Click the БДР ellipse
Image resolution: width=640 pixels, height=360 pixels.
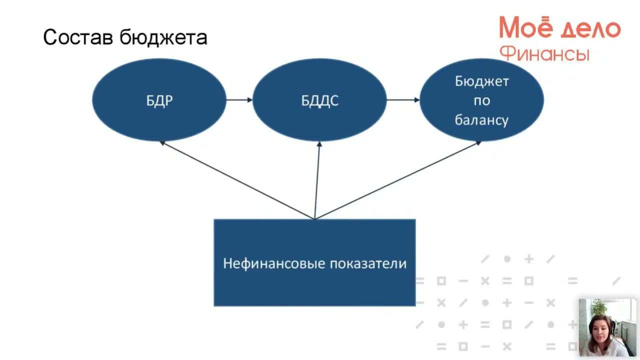[x=159, y=99]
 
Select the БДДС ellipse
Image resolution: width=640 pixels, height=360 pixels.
[x=319, y=99]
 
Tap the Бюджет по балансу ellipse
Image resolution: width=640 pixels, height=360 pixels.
[x=481, y=99]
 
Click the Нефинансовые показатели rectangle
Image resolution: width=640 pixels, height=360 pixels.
[x=314, y=263]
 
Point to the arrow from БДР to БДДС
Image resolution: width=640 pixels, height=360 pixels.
[x=239, y=99]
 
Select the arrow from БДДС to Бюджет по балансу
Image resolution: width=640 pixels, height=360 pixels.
[x=403, y=99]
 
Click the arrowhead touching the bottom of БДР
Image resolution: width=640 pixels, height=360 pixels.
[x=162, y=143]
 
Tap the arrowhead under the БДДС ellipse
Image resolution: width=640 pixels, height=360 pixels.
[x=319, y=144]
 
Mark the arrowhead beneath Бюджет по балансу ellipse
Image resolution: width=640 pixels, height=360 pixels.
[x=478, y=143]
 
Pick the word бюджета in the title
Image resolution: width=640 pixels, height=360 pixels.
[x=163, y=37]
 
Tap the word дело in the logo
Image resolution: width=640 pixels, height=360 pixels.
[x=590, y=29]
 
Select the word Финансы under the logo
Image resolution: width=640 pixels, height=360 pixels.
[x=545, y=53]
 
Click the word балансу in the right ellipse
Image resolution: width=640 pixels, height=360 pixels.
[x=481, y=119]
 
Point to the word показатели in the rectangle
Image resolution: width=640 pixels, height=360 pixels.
[x=368, y=263]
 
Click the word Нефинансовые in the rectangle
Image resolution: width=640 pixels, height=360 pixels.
[x=274, y=263]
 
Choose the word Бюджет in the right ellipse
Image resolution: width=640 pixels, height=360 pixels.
[x=481, y=81]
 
